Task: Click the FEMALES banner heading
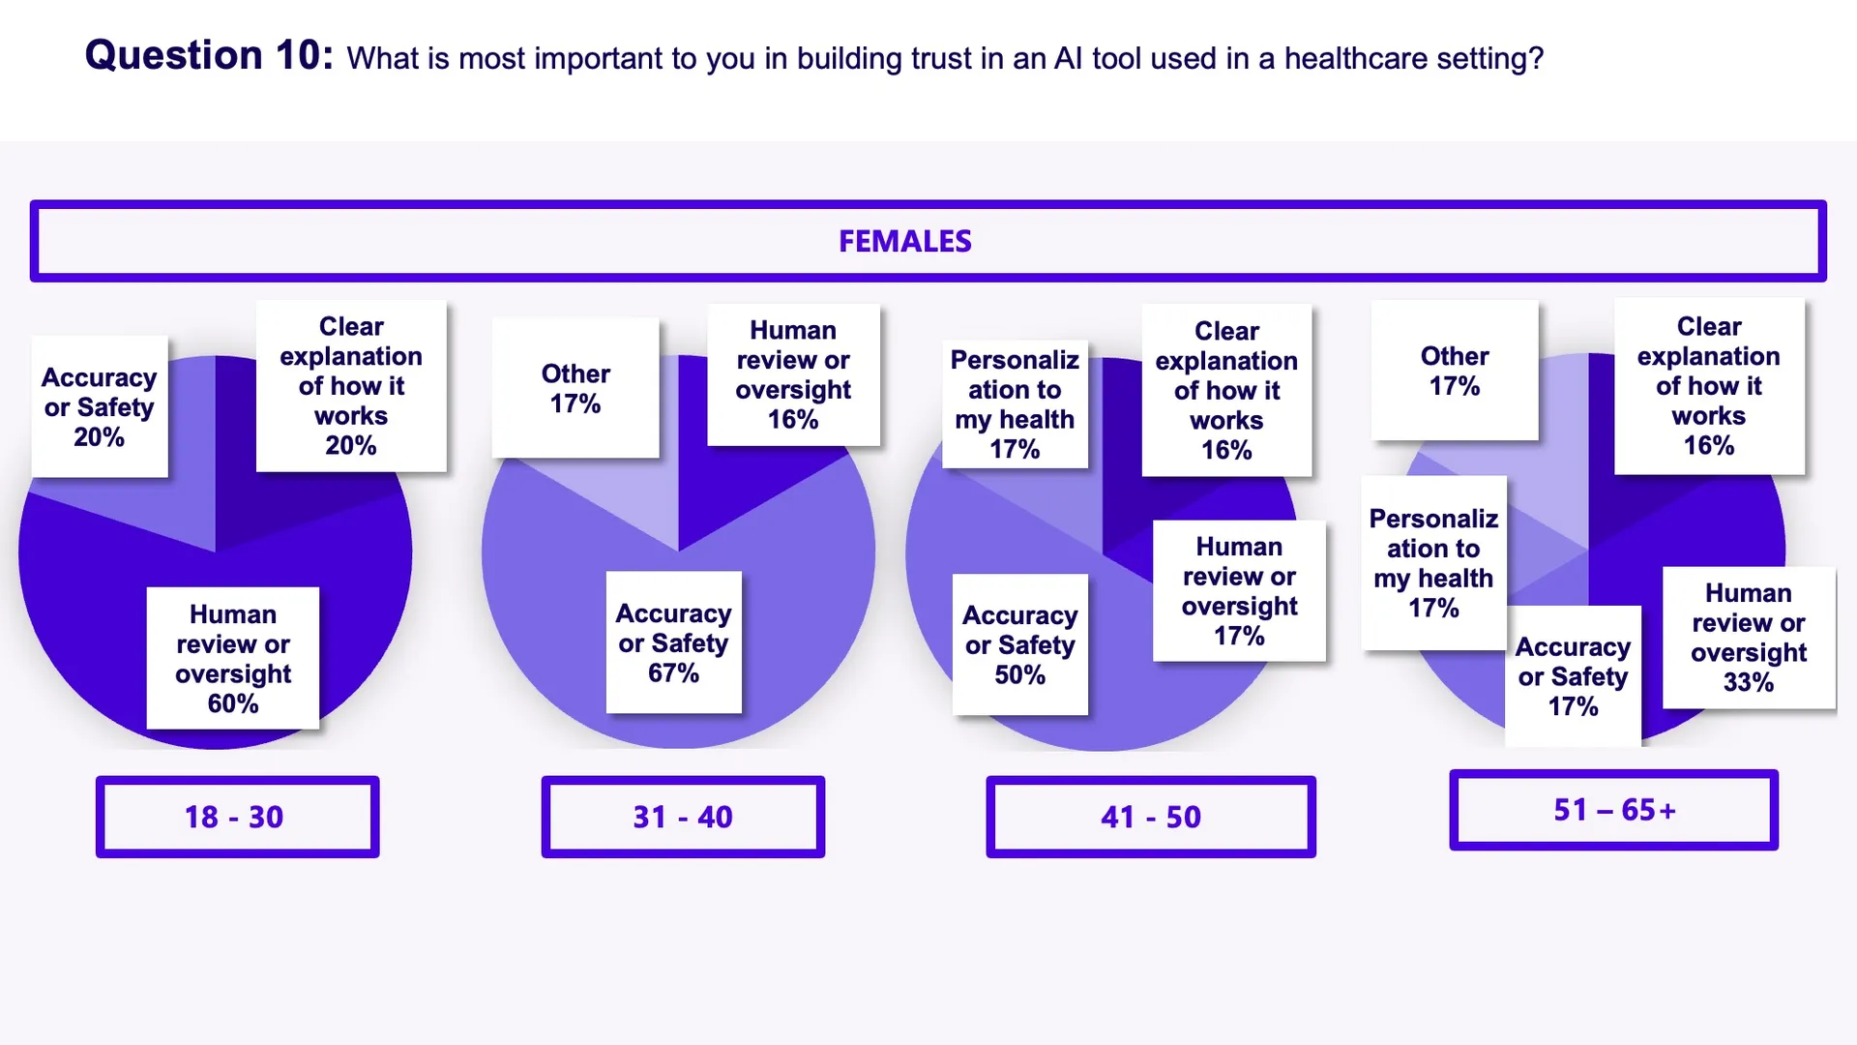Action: (x=904, y=241)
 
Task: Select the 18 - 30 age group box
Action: (x=237, y=817)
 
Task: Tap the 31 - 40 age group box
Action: (x=683, y=817)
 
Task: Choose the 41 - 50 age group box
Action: (x=1150, y=817)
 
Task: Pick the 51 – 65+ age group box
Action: (x=1613, y=810)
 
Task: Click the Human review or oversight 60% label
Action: (x=233, y=658)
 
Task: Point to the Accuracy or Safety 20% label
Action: (x=100, y=406)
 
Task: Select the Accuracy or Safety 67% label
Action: (x=673, y=642)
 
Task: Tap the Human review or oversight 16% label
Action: (x=793, y=374)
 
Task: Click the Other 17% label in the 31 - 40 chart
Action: (x=575, y=388)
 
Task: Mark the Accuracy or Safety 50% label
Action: (x=1019, y=644)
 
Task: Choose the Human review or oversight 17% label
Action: (x=1239, y=590)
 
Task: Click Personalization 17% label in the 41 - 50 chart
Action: (x=1015, y=403)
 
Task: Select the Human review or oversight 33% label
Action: (x=1749, y=637)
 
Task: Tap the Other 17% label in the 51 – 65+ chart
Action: (x=1455, y=371)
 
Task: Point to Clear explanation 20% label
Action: (x=351, y=385)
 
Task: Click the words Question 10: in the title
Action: (x=209, y=55)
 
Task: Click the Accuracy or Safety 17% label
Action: (x=1573, y=675)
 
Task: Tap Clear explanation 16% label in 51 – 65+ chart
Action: (x=1709, y=385)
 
